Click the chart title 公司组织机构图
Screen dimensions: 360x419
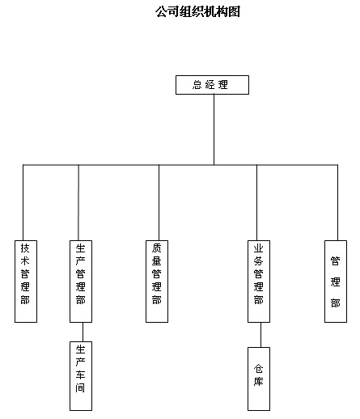pyautogui.click(x=197, y=12)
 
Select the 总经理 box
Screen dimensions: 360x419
pyautogui.click(x=212, y=85)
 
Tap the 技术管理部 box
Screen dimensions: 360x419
pyautogui.click(x=26, y=281)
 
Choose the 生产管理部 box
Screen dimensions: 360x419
pyautogui.click(x=81, y=281)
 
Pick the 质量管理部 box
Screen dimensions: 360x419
pyautogui.click(x=157, y=281)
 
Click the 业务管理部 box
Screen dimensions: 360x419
pyautogui.click(x=259, y=281)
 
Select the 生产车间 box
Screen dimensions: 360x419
pyautogui.click(x=81, y=376)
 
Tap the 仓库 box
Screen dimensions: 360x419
pyautogui.click(x=259, y=379)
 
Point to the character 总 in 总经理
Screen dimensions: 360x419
pyautogui.click(x=197, y=85)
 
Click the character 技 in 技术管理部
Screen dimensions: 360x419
pyautogui.click(x=25, y=248)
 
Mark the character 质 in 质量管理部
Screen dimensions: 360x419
pyautogui.click(x=156, y=248)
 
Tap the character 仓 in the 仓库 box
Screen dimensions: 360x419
pyautogui.click(x=258, y=368)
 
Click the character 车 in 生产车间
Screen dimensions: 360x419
pyautogui.click(x=80, y=375)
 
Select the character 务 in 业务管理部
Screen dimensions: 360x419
pyautogui.click(x=258, y=260)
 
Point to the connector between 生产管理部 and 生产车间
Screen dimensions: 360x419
pyautogui.click(x=83, y=332)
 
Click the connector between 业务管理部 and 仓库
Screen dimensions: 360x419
pyautogui.click(x=260, y=335)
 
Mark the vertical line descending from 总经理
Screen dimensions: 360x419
pyautogui.click(x=214, y=129)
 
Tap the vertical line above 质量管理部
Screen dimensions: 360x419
pyautogui.click(x=159, y=202)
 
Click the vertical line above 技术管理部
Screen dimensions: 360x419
pyautogui.click(x=23, y=202)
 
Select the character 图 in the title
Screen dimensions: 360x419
pyautogui.click(x=235, y=12)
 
